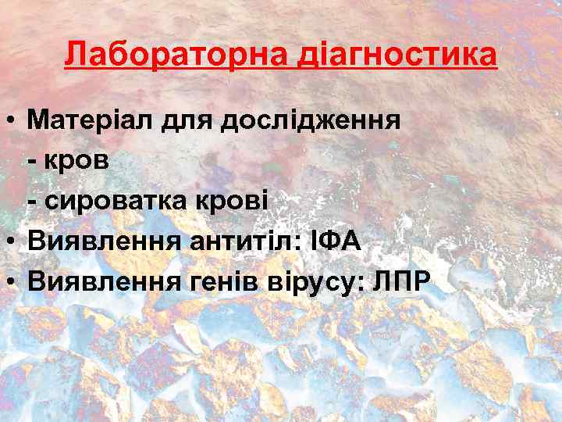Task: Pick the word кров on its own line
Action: [80, 161]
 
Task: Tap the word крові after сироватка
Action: [237, 200]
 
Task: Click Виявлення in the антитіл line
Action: [104, 241]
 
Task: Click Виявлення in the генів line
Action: [104, 281]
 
